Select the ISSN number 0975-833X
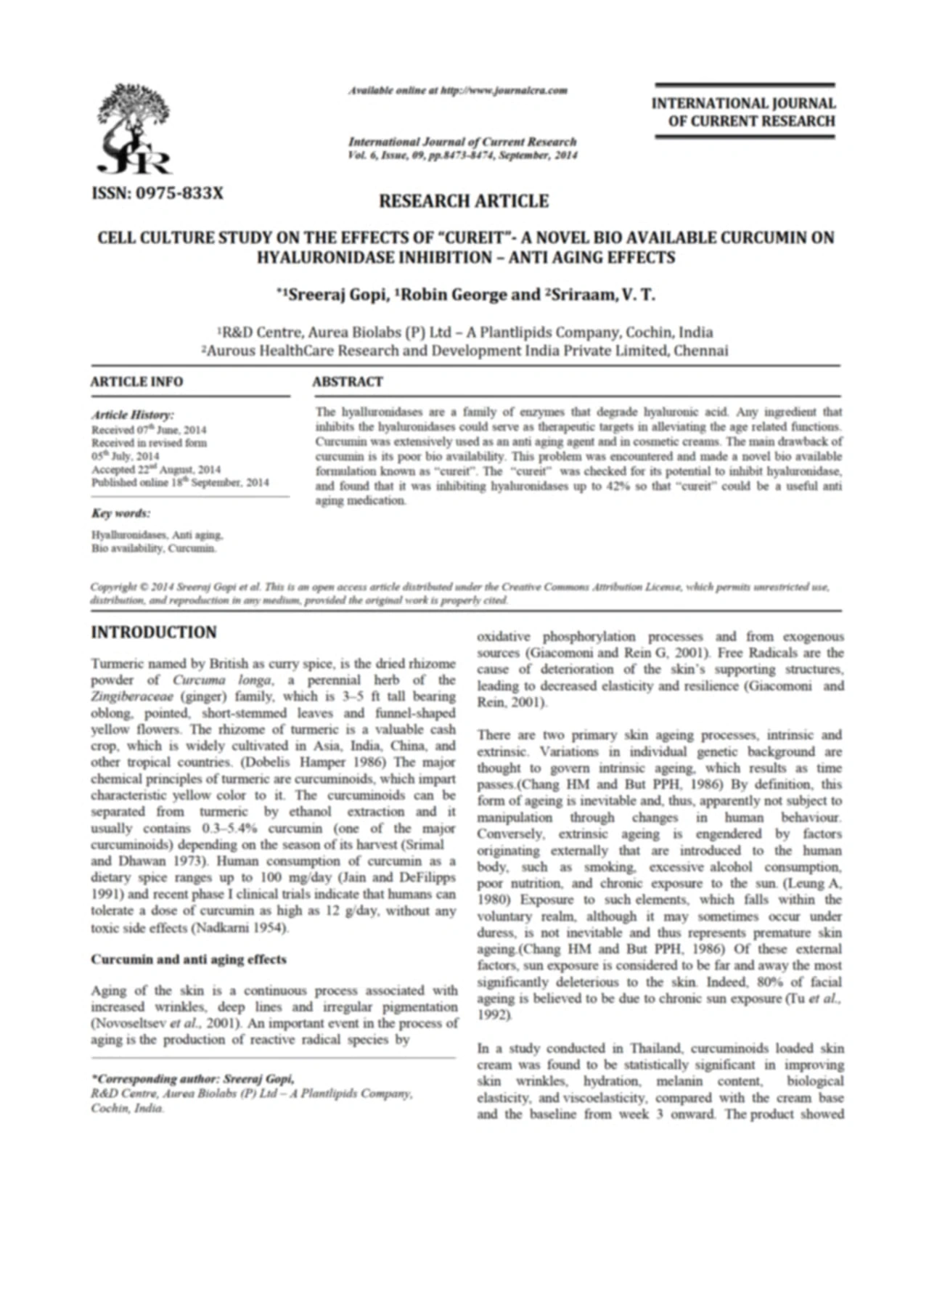[157, 193]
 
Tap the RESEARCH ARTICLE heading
[463, 201]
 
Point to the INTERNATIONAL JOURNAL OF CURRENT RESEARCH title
[743, 113]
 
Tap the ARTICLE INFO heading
[136, 382]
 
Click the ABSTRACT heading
[348, 382]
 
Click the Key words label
[120, 513]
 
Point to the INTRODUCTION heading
[153, 632]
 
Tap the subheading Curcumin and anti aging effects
[188, 959]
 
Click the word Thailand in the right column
[656, 1049]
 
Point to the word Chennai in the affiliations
[700, 351]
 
